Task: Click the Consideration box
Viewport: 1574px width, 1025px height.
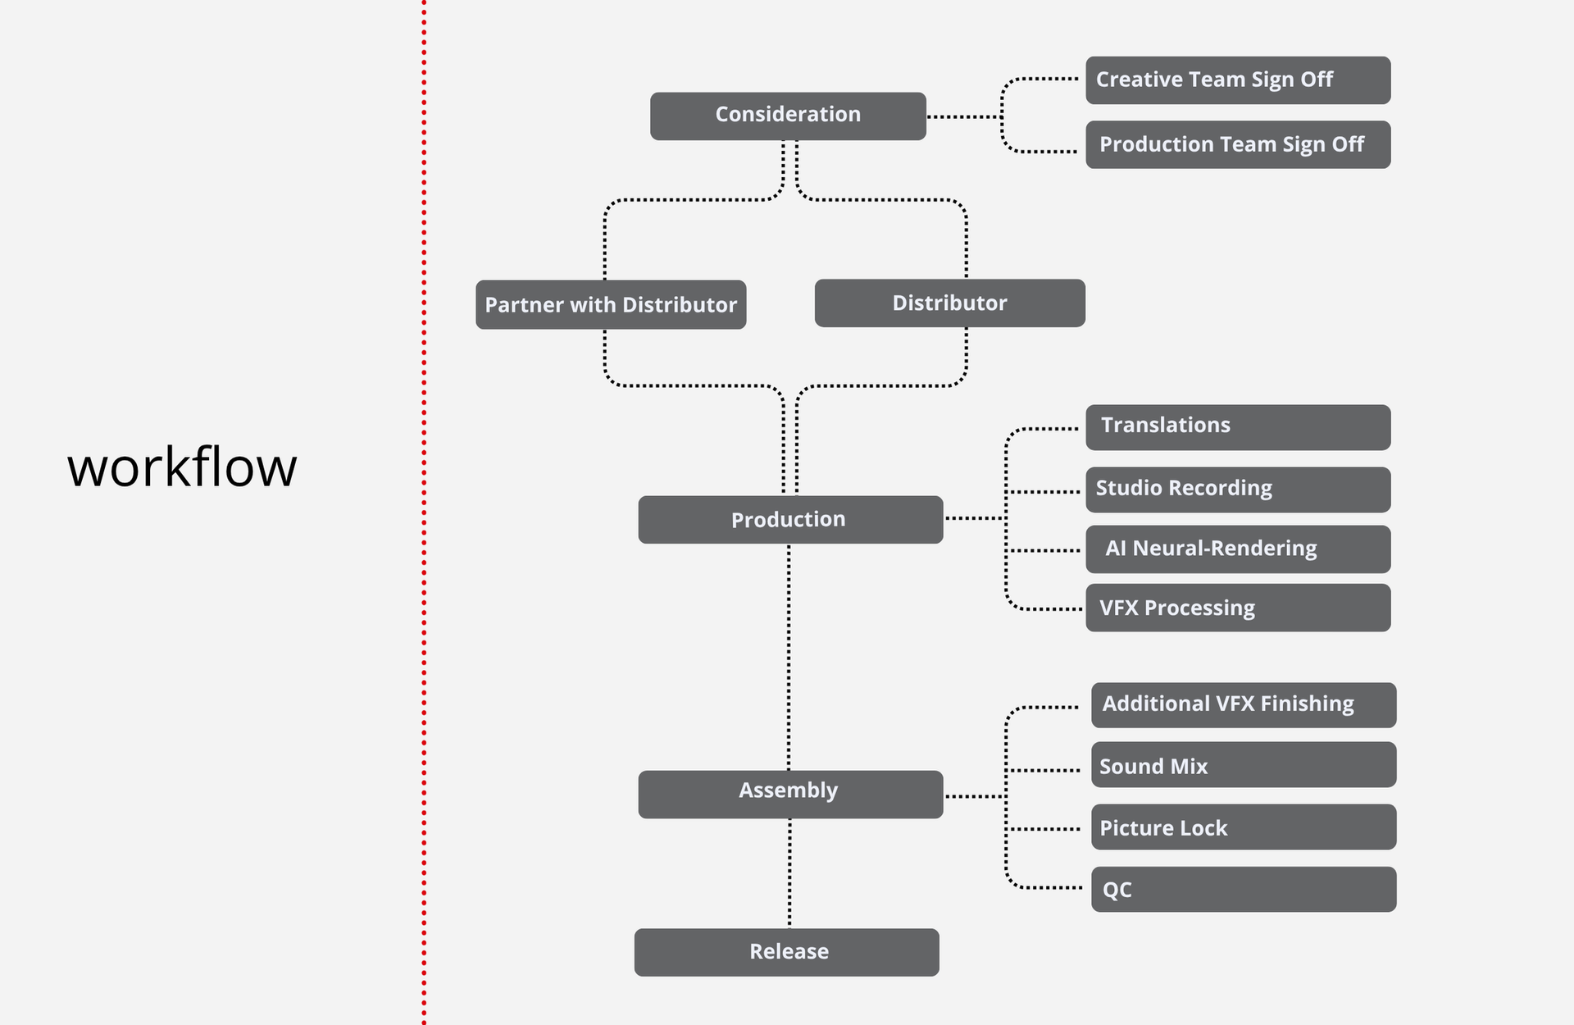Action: click(788, 116)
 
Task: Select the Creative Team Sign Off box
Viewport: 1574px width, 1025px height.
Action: click(1238, 80)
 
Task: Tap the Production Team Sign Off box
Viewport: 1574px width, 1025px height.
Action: click(1238, 144)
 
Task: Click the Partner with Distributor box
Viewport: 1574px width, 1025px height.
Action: click(611, 304)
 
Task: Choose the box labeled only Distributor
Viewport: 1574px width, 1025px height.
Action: click(950, 303)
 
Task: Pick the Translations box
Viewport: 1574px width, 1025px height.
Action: click(1238, 427)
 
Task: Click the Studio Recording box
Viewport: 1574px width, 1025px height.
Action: click(1238, 490)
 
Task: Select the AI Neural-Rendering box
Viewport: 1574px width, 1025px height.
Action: click(1238, 549)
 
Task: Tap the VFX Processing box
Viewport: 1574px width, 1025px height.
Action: click(1238, 608)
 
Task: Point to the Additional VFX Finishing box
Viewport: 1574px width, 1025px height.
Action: click(1244, 705)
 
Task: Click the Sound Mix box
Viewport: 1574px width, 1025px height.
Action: click(1244, 764)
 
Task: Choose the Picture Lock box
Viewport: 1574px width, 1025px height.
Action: click(1244, 827)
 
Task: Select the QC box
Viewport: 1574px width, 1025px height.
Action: click(1244, 889)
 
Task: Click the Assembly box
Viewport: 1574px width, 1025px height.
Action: click(790, 794)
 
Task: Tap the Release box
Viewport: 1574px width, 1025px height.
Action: click(787, 952)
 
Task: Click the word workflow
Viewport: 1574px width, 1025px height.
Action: click(182, 467)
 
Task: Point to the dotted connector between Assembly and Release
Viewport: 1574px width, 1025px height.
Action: click(789, 873)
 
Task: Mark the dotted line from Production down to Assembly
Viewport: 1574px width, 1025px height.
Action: click(789, 657)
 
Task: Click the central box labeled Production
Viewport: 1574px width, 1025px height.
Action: click(790, 519)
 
